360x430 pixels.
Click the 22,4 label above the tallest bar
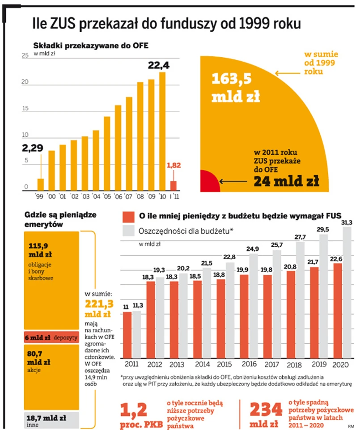click(x=159, y=66)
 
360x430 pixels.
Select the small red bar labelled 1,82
click(x=173, y=185)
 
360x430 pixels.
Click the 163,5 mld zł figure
click(x=235, y=87)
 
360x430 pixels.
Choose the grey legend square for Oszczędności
click(x=128, y=231)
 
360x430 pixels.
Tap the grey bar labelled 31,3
click(x=347, y=291)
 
